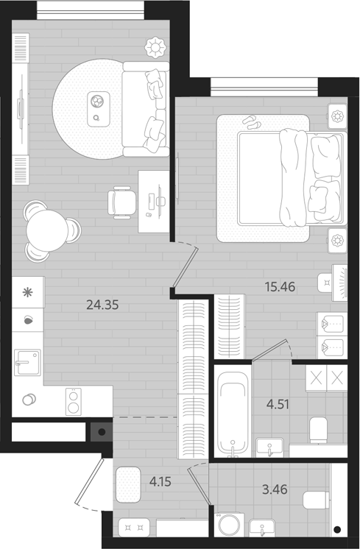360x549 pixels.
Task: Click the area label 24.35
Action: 101,304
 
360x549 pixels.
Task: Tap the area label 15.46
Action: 279,286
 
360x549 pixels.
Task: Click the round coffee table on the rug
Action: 98,109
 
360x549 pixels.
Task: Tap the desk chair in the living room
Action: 122,200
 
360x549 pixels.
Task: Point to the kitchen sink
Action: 27,362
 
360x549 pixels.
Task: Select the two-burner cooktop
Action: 74,400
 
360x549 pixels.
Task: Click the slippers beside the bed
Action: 252,122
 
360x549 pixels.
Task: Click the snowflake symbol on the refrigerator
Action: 28,292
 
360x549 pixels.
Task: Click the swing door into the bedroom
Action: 185,269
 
